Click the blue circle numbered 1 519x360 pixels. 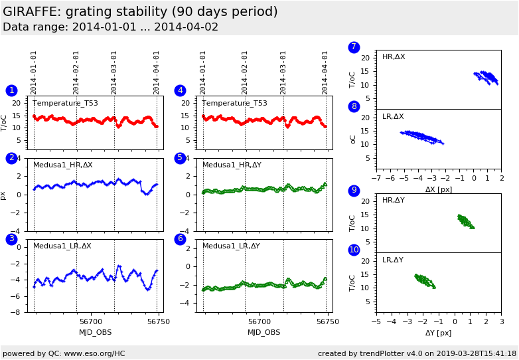tap(11, 90)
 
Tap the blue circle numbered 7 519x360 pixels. tap(354, 47)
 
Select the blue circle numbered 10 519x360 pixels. tap(354, 250)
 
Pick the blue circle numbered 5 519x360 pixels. tap(180, 158)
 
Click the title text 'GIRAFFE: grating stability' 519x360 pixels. tap(140, 12)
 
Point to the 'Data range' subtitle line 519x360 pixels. tap(110, 27)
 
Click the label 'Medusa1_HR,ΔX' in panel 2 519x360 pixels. tap(63, 165)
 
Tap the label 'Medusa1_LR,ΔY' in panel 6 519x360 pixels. tap(232, 246)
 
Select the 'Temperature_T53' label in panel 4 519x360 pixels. tap(234, 103)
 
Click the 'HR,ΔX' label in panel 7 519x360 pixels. tap(394, 57)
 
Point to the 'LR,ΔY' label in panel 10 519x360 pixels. tap(393, 260)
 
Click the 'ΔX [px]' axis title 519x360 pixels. tap(438, 189)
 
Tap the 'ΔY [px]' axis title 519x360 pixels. tap(438, 333)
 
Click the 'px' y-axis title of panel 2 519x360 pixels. tap(4, 195)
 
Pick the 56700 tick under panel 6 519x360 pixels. tap(259, 321)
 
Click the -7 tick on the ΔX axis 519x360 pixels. tap(376, 179)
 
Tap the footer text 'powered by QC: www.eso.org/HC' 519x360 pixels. tap(64, 353)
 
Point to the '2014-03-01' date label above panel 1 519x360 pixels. tap(114, 72)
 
